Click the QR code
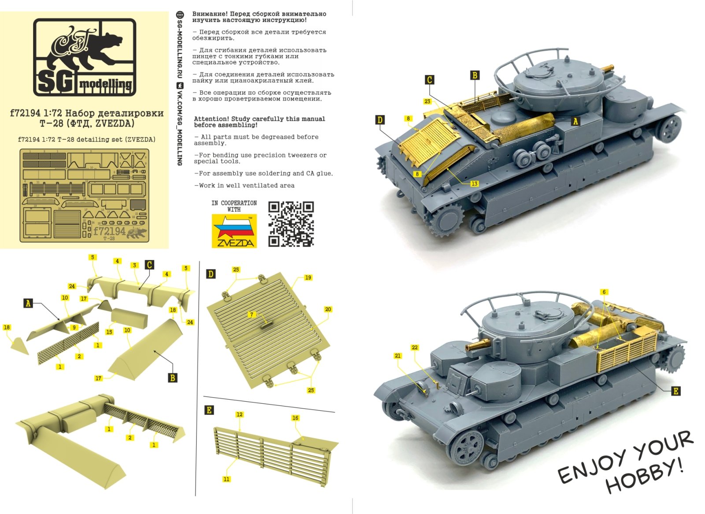(x=291, y=224)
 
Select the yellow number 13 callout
(x=474, y=183)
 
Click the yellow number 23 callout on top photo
(x=427, y=101)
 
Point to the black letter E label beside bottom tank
(x=675, y=391)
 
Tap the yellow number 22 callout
(x=415, y=347)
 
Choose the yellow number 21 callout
(x=398, y=356)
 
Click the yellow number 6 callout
(x=604, y=292)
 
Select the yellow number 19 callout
(x=308, y=277)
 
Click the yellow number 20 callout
(x=328, y=309)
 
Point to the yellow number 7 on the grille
(x=252, y=314)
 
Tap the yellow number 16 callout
(x=295, y=418)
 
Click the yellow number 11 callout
(x=226, y=479)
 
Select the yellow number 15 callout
(x=109, y=332)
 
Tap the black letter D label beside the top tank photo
(x=380, y=120)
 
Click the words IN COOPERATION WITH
(x=234, y=206)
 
